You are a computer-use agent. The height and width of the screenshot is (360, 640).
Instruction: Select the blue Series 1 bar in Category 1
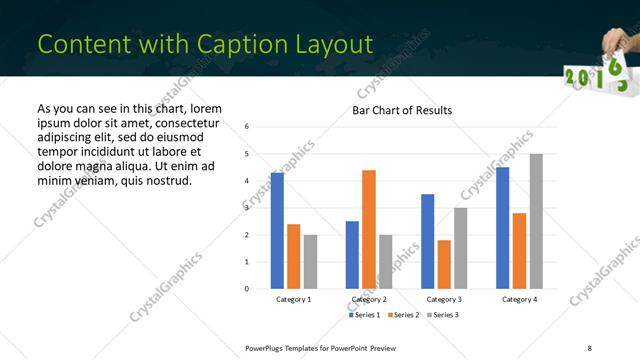(x=277, y=230)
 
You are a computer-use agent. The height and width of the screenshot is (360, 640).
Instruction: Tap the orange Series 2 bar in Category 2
(x=369, y=229)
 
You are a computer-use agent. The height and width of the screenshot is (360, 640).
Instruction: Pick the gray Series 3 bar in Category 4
(x=536, y=221)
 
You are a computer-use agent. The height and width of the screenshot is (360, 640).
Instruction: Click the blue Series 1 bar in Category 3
(x=428, y=241)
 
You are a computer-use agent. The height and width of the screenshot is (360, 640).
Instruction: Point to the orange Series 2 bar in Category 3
(x=444, y=264)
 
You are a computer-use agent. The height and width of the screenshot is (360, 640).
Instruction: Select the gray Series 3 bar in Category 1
(x=310, y=261)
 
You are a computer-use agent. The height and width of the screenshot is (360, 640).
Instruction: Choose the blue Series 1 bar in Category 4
(x=503, y=227)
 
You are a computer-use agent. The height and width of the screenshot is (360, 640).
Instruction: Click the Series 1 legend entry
(x=364, y=315)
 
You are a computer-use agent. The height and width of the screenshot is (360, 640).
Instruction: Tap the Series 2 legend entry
(x=405, y=315)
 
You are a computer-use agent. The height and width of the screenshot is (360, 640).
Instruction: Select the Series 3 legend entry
(x=445, y=315)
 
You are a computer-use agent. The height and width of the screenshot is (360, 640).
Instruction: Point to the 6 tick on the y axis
(x=247, y=127)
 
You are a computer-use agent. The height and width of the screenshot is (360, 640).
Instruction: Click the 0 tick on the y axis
(x=247, y=289)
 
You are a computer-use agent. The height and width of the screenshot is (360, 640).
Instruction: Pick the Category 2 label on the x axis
(x=369, y=299)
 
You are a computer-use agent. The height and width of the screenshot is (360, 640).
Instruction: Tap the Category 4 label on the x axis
(x=519, y=299)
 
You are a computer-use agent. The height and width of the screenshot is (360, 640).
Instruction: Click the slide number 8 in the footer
(x=589, y=347)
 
